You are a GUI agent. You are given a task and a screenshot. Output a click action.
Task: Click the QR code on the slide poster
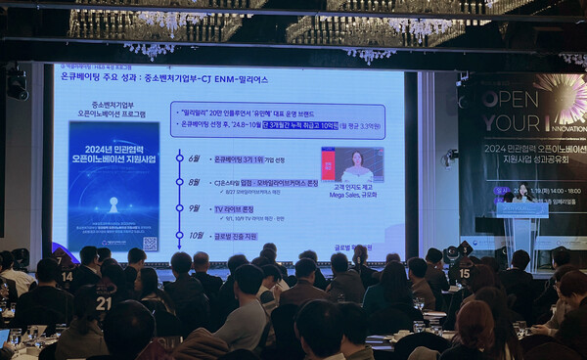[150, 243]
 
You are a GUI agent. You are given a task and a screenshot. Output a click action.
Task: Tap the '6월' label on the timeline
[194, 158]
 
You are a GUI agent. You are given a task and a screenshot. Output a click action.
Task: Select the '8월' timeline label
[194, 183]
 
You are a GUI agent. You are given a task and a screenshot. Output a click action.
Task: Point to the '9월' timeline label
[194, 208]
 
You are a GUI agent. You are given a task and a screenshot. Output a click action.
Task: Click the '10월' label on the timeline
[195, 235]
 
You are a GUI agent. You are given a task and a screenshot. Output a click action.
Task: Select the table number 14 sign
[67, 276]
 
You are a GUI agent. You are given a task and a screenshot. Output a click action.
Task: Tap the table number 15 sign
[464, 273]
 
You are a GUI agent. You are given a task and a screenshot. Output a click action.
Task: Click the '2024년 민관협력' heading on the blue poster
[113, 150]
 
